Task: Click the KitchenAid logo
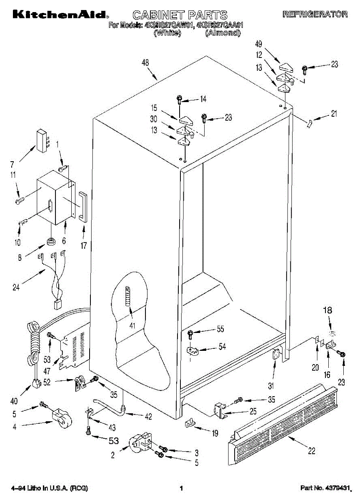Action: pyautogui.click(x=60, y=15)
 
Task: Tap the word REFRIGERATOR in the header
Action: pyautogui.click(x=315, y=14)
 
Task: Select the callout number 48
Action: pyautogui.click(x=145, y=63)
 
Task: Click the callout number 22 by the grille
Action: pyautogui.click(x=312, y=451)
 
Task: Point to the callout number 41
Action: pyautogui.click(x=132, y=326)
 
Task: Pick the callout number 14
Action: pyautogui.click(x=203, y=99)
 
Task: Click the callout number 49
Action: pyautogui.click(x=259, y=44)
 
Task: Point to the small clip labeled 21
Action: pyautogui.click(x=310, y=123)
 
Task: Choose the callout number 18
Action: pyautogui.click(x=327, y=310)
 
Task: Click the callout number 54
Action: pyautogui.click(x=222, y=346)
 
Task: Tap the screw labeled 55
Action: pyautogui.click(x=190, y=335)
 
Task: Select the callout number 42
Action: pyautogui.click(x=149, y=416)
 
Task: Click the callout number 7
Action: pyautogui.click(x=12, y=165)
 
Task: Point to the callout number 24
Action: pyautogui.click(x=16, y=287)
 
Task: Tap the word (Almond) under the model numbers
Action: pyautogui.click(x=223, y=33)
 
